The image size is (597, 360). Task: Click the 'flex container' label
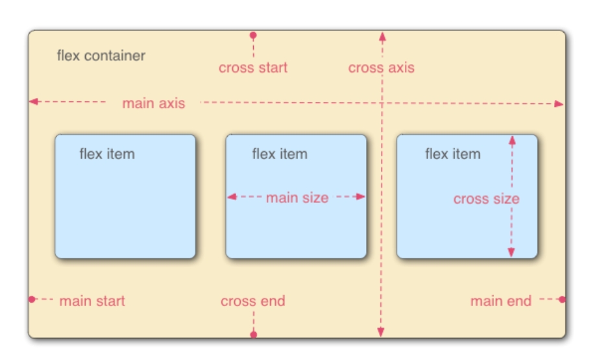point(101,56)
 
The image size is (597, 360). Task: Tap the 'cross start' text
point(253,67)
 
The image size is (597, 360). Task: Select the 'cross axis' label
point(381,67)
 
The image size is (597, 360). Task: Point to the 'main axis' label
point(154,103)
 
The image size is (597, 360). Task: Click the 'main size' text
point(297,198)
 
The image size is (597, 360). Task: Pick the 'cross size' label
point(486,199)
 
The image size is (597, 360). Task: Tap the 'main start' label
point(92,301)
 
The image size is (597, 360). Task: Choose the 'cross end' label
point(252,301)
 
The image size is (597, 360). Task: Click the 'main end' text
point(500,301)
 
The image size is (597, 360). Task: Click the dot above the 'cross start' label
point(253,35)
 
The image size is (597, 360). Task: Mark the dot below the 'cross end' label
point(254,335)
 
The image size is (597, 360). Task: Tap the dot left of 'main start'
point(32,299)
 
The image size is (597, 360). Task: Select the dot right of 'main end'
point(562,300)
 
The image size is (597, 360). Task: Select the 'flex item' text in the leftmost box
point(107,154)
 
